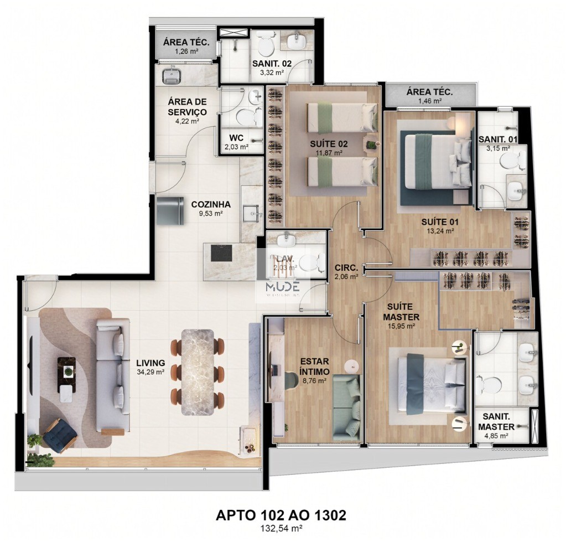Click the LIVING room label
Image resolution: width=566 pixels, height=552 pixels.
coord(150,363)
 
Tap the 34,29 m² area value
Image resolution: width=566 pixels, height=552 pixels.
coord(150,372)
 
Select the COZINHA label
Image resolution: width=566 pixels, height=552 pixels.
coord(210,204)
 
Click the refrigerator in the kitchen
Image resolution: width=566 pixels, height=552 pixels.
coord(170,210)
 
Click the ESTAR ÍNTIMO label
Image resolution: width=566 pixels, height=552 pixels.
coord(314,367)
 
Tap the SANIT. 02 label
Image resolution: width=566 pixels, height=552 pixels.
coord(272,64)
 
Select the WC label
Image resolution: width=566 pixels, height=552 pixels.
coord(236,138)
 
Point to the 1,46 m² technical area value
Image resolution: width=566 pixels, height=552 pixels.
coord(429,101)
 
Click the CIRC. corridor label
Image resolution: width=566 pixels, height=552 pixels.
coord(346,267)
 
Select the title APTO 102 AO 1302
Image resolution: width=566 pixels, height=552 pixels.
coord(281,515)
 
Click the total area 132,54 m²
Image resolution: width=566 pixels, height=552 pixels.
coord(281,529)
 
